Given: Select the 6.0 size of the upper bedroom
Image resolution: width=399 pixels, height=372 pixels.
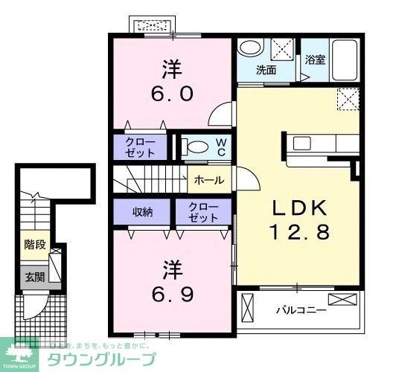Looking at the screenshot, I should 174,94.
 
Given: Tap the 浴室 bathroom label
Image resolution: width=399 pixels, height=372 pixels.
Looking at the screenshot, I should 314,60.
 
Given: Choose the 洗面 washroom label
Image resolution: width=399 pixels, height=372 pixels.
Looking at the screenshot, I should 266,71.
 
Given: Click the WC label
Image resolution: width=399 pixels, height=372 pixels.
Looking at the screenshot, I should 221,147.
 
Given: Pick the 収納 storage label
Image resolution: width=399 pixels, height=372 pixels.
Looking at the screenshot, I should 142,211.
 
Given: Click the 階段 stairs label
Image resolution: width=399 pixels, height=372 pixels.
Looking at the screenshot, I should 34,243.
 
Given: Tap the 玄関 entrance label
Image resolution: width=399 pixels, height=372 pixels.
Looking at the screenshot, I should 34,278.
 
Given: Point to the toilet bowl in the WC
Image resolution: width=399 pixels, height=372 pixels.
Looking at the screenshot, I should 196,147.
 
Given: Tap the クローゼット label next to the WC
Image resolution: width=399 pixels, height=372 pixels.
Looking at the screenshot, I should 140,147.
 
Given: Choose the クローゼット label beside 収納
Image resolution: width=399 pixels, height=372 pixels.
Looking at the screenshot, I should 202,212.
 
